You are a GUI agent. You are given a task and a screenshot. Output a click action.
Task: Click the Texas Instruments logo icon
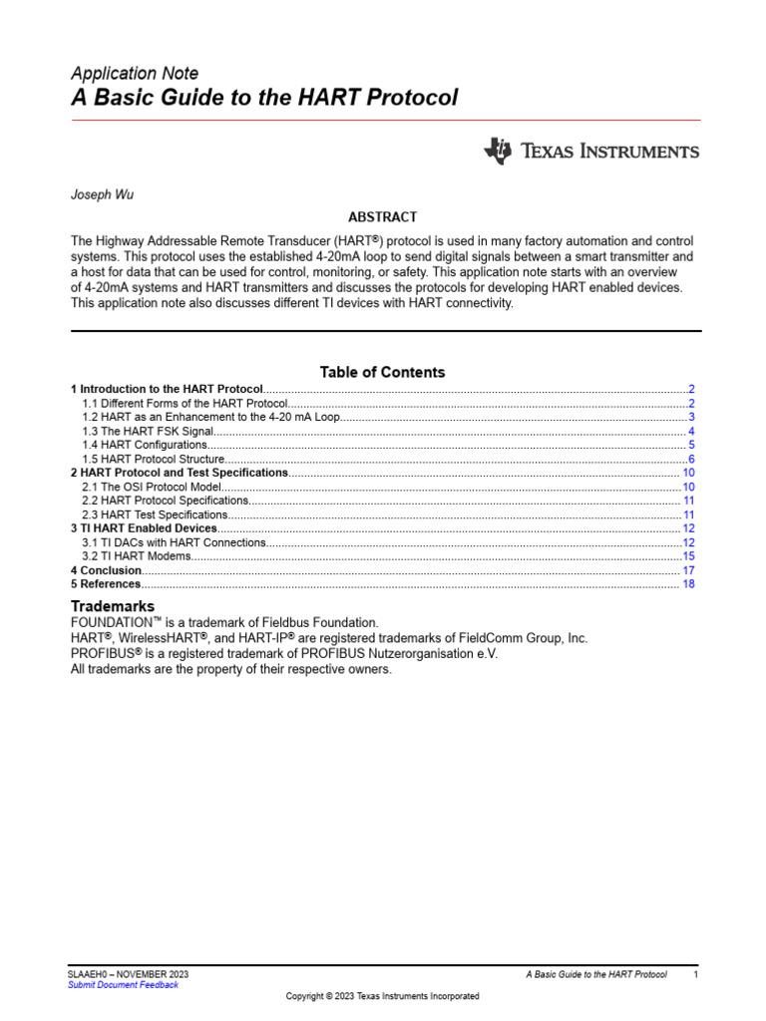497,151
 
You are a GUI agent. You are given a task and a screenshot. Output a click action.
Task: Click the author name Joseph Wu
102,194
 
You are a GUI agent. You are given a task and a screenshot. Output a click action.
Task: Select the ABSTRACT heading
382,216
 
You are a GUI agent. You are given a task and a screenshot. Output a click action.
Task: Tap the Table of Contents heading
382,372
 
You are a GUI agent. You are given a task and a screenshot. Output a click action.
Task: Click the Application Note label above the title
135,74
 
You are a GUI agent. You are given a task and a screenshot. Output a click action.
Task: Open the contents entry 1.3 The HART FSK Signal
148,431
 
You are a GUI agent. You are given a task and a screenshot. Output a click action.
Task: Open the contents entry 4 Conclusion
106,570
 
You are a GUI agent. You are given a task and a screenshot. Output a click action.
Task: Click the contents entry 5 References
106,584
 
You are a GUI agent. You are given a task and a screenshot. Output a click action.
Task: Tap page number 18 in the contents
688,584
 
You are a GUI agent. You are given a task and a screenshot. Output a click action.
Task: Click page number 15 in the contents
688,556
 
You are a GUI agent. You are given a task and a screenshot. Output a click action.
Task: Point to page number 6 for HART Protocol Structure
691,459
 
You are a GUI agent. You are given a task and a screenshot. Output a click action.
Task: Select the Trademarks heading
113,606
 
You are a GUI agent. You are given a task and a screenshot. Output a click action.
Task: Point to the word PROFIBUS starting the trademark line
102,654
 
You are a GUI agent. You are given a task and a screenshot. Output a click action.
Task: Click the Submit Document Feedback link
123,984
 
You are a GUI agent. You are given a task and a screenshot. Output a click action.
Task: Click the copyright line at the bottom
382,996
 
